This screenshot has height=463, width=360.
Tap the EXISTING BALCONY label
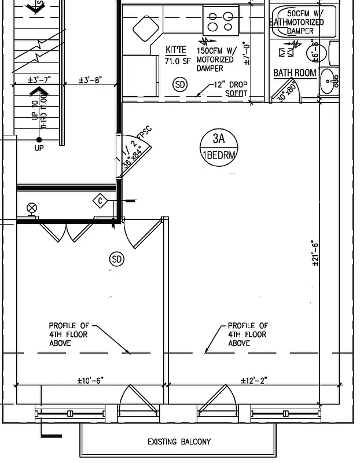pos(179,442)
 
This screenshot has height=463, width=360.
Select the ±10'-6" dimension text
pos(90,380)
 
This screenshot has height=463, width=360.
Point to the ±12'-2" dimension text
pos(254,380)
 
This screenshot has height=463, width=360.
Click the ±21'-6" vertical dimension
pos(315,253)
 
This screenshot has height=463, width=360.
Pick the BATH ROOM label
pos(295,73)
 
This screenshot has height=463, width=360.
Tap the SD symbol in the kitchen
pos(181,85)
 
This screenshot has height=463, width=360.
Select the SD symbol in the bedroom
pos(117,259)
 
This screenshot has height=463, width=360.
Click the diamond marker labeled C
pos(101,201)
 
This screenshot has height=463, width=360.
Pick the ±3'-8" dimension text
pos(90,80)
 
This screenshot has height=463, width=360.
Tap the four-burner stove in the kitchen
pos(221,21)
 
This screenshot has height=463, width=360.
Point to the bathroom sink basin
pos(330,81)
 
